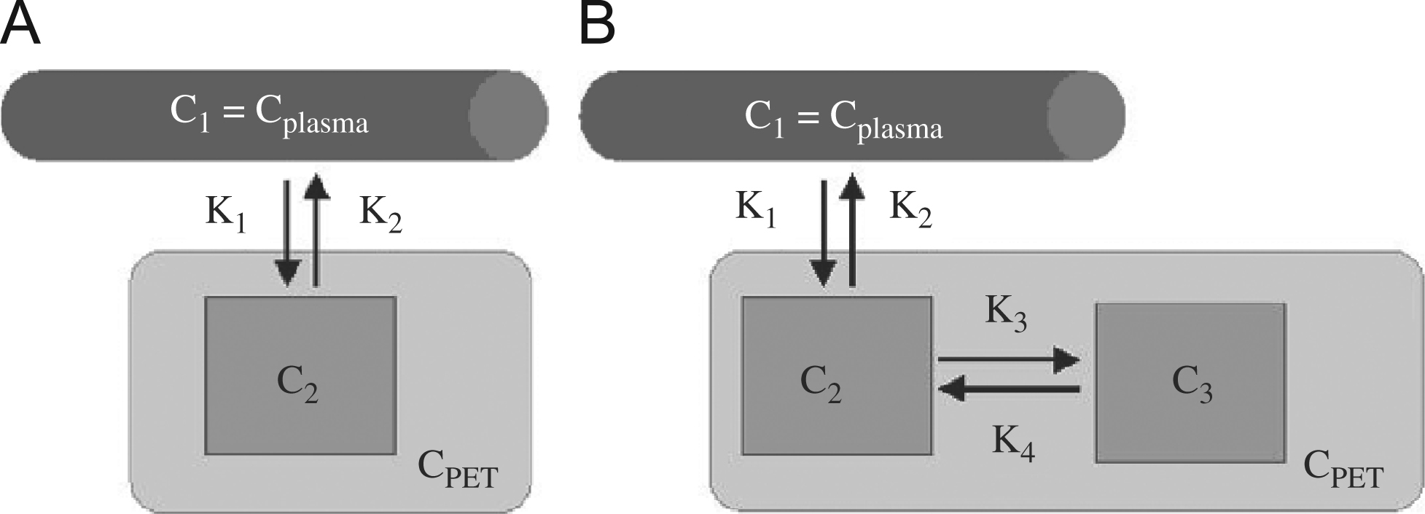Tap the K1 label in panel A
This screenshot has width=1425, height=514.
click(225, 214)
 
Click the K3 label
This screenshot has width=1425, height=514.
click(1006, 315)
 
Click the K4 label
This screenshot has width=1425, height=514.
click(1013, 443)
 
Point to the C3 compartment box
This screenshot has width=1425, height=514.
click(1190, 383)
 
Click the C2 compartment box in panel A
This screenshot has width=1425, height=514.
click(300, 375)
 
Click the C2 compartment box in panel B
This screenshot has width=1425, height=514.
click(837, 375)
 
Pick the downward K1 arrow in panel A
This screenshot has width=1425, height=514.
click(287, 233)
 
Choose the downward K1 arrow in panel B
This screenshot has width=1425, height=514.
click(824, 233)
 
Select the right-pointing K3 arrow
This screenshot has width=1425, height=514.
click(1008, 359)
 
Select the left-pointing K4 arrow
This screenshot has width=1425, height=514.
click(1008, 390)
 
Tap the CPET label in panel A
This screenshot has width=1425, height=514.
click(457, 470)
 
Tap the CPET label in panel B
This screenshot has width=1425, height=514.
click(1343, 470)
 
